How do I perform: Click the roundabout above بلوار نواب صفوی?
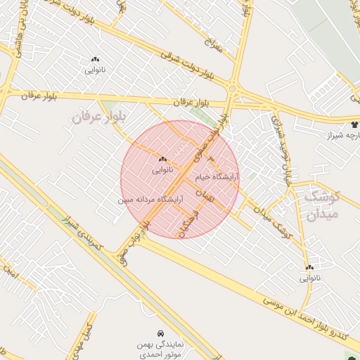232,89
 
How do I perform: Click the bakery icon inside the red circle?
162,159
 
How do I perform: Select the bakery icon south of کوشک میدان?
309,267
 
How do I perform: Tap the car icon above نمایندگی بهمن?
161,332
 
